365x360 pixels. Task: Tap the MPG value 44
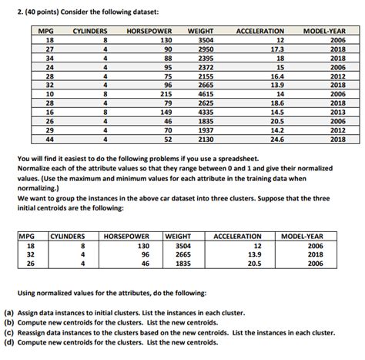pos(49,140)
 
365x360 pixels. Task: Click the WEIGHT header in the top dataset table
pos(200,30)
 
